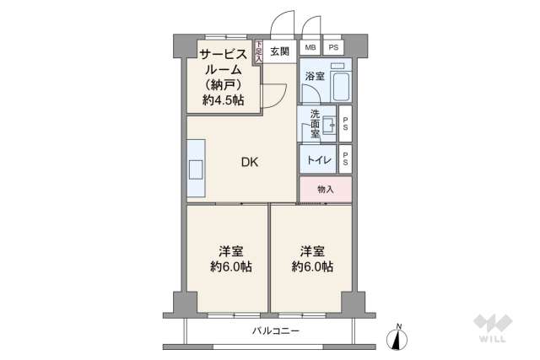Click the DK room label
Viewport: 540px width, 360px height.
pos(250,163)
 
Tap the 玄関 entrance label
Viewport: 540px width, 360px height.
pos(280,49)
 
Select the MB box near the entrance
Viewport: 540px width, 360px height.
pos(310,49)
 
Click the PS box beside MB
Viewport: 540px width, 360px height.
pos(334,49)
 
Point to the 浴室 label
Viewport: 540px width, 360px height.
pos(314,76)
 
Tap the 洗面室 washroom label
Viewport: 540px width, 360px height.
pos(315,124)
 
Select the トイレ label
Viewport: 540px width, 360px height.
pos(319,159)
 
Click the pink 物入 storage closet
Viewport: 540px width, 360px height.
pos(325,190)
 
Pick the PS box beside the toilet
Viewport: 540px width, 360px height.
pos(345,159)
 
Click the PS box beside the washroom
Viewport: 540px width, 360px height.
pos(345,124)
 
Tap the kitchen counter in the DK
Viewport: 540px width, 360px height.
pos(196,169)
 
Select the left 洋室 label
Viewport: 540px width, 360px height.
pos(230,251)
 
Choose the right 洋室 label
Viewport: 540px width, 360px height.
pos(311,251)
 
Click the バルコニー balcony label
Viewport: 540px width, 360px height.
pos(276,330)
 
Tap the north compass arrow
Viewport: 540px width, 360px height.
pos(399,336)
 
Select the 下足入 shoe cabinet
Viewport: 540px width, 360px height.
pos(258,52)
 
